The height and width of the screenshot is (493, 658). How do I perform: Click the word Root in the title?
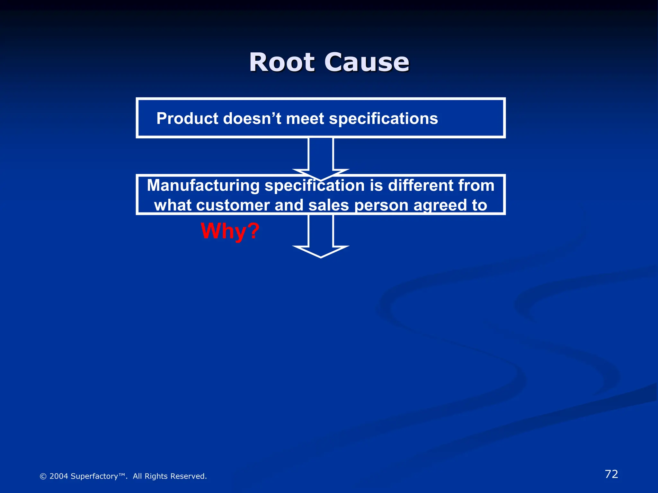282,62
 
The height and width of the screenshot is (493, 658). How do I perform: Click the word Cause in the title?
367,62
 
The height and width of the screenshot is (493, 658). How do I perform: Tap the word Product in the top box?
187,118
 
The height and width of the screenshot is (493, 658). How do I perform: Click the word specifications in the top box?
383,118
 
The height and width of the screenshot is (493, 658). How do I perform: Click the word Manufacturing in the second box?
203,186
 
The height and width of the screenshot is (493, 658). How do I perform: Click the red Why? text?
230,231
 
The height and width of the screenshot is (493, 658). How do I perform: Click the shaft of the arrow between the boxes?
321,154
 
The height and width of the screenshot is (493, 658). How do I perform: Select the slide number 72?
611,474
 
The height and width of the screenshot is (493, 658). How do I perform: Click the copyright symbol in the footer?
43,476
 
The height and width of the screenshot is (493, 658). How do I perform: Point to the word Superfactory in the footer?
94,476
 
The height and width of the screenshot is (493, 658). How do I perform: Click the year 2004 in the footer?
58,476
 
